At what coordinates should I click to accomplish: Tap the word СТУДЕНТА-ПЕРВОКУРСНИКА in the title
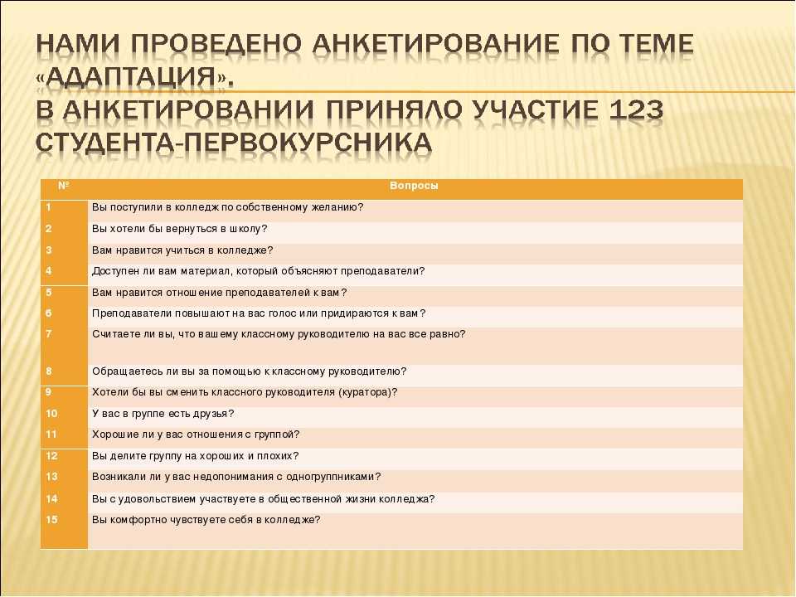click(234, 143)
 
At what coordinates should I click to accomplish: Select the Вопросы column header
click(414, 186)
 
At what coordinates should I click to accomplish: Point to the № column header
click(64, 185)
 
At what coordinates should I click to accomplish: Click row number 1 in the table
click(49, 207)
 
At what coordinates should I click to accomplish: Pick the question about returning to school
click(179, 229)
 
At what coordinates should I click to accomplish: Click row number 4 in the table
click(49, 270)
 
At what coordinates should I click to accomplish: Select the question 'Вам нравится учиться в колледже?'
click(182, 250)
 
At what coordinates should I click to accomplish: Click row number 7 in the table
click(49, 333)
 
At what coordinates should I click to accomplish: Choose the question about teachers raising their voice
click(259, 313)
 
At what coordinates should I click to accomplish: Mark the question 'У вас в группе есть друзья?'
click(163, 414)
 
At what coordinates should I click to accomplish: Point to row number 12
click(51, 456)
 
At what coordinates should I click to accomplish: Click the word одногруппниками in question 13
click(333, 477)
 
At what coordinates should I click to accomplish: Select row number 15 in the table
click(51, 519)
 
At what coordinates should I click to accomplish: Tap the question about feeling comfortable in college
click(206, 520)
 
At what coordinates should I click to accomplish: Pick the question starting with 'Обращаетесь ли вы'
click(250, 371)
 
